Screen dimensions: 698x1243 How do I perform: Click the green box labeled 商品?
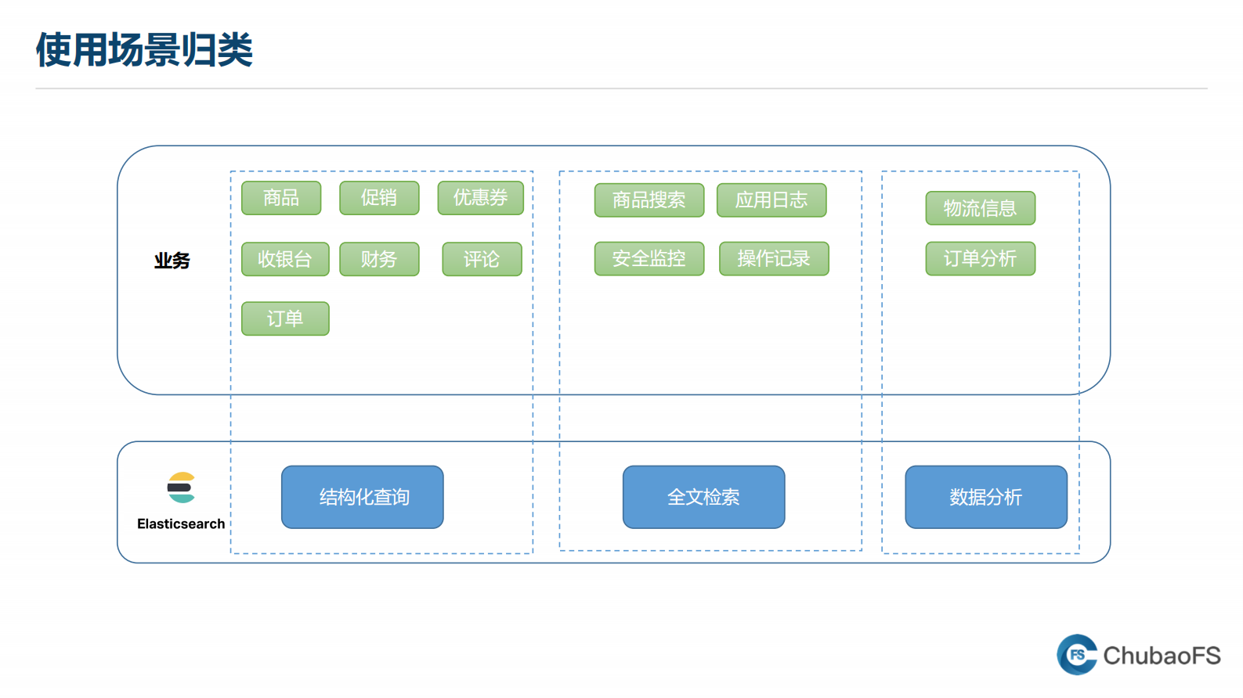281,198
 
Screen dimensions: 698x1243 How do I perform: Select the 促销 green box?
379,198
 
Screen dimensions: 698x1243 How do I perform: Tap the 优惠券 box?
480,198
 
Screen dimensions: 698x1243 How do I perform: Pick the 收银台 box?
285,259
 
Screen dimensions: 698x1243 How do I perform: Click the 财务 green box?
379,259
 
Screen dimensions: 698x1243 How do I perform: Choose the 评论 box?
482,259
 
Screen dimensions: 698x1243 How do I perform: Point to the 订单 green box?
285,318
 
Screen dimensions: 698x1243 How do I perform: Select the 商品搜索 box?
649,200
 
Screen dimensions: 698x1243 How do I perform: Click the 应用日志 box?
771,200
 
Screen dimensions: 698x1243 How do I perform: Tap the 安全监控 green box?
649,259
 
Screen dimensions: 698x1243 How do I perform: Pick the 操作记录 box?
774,259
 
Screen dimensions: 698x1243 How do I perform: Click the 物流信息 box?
980,208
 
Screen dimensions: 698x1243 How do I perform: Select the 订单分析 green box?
980,259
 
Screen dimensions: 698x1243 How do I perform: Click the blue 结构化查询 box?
363,497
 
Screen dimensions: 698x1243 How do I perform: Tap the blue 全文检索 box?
703,497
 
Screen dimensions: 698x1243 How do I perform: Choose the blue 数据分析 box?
985,497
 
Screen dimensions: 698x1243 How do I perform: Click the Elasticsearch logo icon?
181,488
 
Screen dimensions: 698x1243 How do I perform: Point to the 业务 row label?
172,261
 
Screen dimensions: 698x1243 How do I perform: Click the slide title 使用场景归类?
144,50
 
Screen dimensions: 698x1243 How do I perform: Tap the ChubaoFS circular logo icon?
1078,655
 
